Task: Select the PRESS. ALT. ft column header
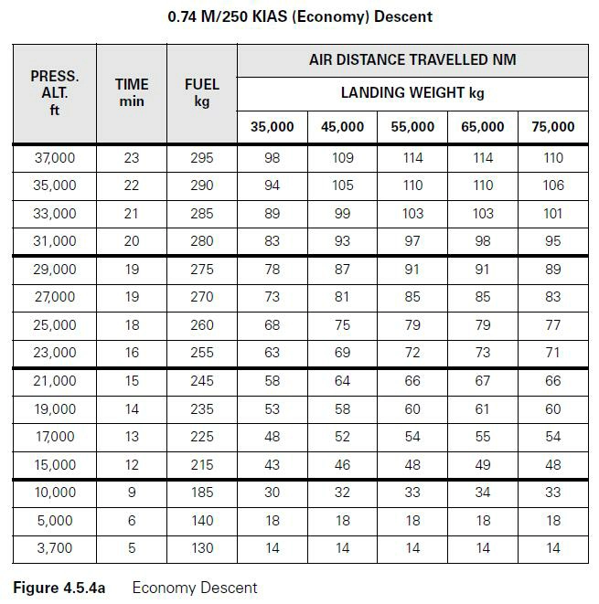pyautogui.click(x=55, y=92)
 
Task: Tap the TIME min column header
pyautogui.click(x=132, y=92)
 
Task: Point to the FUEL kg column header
pyautogui.click(x=201, y=92)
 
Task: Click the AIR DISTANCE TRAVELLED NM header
pyautogui.click(x=412, y=60)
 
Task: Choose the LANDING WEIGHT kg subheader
pyautogui.click(x=412, y=93)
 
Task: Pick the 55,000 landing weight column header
pyautogui.click(x=412, y=127)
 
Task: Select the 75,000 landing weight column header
pyautogui.click(x=552, y=127)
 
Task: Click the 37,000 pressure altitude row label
pyautogui.click(x=55, y=158)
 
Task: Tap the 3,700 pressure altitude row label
pyautogui.click(x=55, y=548)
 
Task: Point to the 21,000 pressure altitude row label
pyautogui.click(x=55, y=381)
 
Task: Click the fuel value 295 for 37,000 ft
pyautogui.click(x=201, y=158)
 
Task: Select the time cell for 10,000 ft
pyautogui.click(x=132, y=493)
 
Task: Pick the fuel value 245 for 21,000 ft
pyautogui.click(x=201, y=381)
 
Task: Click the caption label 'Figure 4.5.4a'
pyautogui.click(x=59, y=588)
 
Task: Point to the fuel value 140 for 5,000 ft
pyautogui.click(x=201, y=521)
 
